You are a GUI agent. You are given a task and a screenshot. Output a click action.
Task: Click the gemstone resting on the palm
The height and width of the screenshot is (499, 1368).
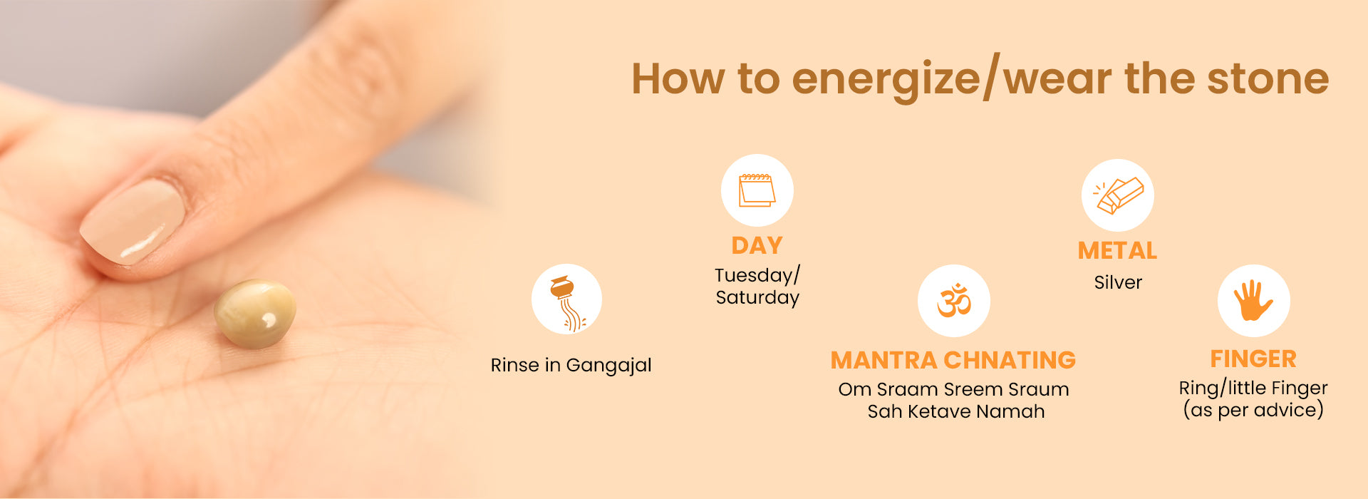tap(255, 314)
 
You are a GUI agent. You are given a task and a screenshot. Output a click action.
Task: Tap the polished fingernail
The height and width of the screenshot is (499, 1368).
tap(133, 221)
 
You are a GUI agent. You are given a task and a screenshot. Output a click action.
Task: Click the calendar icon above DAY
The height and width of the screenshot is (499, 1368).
tap(757, 190)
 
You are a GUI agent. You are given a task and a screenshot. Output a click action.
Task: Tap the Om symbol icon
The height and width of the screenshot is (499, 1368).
tap(954, 300)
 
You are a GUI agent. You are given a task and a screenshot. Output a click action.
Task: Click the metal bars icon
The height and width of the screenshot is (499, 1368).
tap(1118, 195)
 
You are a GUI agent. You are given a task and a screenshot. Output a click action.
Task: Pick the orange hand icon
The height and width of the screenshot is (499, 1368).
tap(1253, 300)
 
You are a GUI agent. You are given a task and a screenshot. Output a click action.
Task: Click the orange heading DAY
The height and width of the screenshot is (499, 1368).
tap(757, 246)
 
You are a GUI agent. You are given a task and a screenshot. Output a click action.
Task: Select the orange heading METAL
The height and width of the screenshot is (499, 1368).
tap(1117, 251)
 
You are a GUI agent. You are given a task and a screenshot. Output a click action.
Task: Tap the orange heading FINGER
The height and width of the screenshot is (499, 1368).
tap(1253, 359)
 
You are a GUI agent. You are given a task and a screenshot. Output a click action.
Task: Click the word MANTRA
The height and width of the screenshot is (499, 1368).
tap(883, 360)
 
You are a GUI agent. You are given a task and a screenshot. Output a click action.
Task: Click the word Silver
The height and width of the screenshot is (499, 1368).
tap(1118, 282)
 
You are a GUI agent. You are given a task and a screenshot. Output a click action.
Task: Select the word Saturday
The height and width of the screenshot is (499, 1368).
tap(757, 297)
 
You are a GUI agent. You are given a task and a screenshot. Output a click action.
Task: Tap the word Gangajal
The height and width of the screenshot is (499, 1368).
tap(609, 366)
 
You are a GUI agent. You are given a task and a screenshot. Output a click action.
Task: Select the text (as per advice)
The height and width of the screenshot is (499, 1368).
tap(1253, 410)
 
